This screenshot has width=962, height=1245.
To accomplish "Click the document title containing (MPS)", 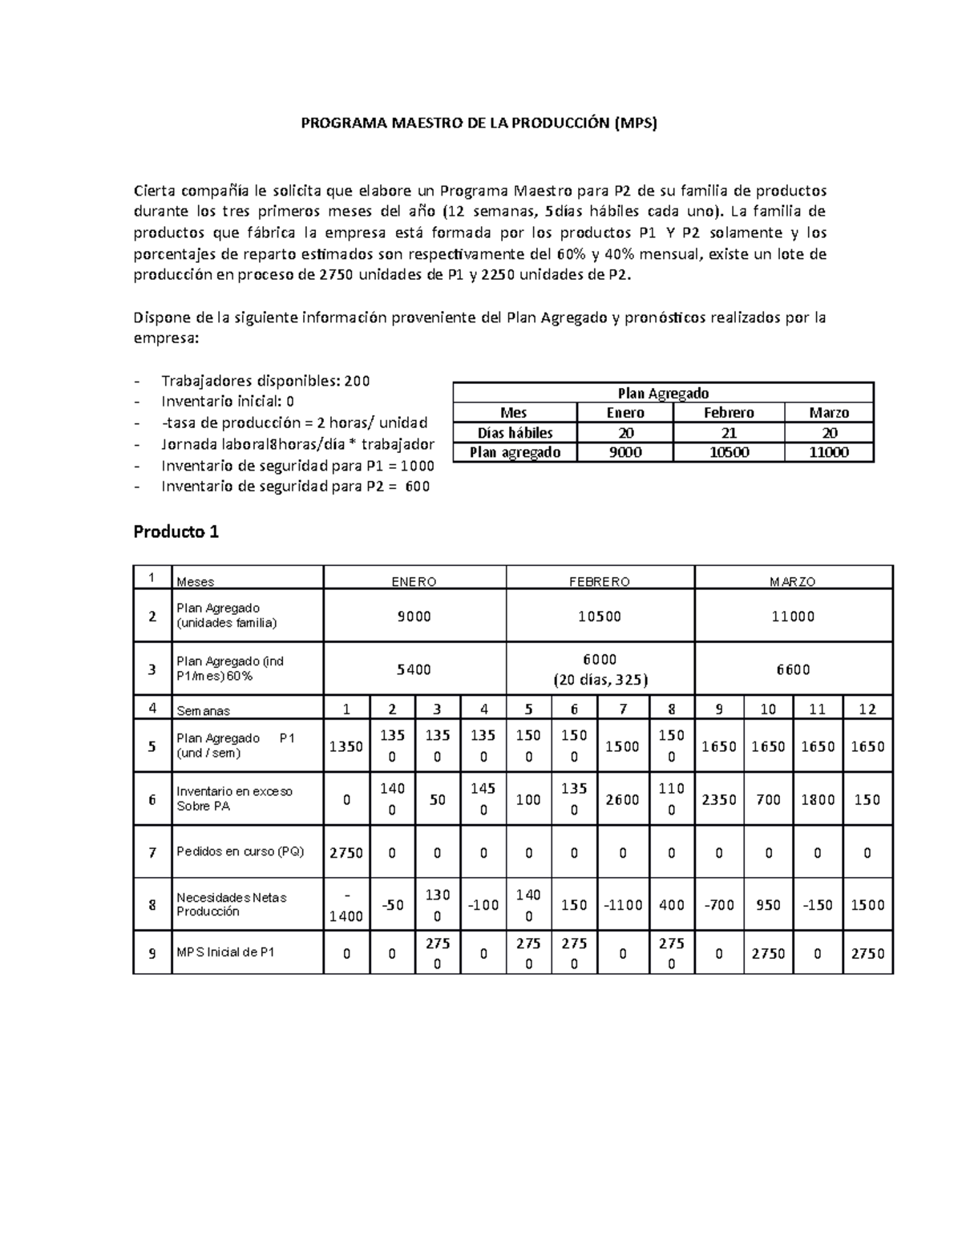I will click(479, 123).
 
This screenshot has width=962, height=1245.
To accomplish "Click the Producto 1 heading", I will click(176, 532).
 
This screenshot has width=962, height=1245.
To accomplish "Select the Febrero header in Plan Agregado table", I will click(728, 413).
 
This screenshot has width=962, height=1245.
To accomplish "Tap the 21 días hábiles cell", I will click(728, 433).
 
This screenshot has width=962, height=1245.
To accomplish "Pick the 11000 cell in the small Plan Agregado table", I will click(828, 452).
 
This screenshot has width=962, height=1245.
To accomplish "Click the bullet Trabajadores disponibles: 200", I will click(265, 381).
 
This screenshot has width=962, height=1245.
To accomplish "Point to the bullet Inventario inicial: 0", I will click(228, 402).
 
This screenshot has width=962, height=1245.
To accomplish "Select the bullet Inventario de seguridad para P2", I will click(295, 487).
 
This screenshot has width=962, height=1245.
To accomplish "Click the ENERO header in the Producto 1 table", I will click(414, 582).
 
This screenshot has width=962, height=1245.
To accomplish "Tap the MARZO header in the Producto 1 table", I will click(792, 582).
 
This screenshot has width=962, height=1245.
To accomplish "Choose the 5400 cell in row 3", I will click(414, 669).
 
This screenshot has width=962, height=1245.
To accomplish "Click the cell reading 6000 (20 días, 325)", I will click(600, 669).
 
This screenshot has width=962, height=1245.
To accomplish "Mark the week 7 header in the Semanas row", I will click(622, 709).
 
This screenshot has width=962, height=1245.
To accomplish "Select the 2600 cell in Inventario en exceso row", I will click(622, 800).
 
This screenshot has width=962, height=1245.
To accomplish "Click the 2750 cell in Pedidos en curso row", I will click(346, 853).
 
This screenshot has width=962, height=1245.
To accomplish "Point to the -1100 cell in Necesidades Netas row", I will click(622, 905).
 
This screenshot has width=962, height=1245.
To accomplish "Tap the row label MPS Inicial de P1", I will click(225, 952).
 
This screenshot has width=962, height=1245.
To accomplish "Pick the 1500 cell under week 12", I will click(867, 905).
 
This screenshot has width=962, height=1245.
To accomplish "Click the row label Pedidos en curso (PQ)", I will click(240, 851).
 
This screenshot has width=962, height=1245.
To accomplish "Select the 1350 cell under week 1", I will click(346, 746).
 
